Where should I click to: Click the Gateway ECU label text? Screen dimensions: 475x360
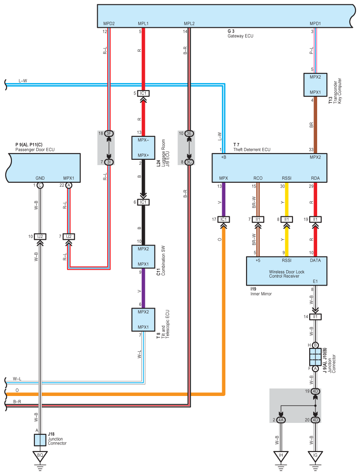coord(238,36)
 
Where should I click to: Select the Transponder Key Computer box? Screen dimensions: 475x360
coord(315,85)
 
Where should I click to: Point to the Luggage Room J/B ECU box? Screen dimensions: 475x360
coord(143,147)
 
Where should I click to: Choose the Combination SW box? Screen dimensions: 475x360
coord(143,256)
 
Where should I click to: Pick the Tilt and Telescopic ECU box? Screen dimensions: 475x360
coord(143,320)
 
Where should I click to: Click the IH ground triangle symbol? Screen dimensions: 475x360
coord(280,456)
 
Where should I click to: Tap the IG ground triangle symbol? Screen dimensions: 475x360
coord(315,456)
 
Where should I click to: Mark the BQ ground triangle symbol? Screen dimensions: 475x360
coord(40,456)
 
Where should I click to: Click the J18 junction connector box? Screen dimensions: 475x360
coord(40,440)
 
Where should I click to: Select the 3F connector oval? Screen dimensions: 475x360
coord(109,133)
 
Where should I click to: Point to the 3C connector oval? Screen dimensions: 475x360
coord(189,162)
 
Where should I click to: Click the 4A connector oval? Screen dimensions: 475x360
coord(280,420)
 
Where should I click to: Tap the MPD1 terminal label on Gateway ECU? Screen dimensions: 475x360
coord(315,23)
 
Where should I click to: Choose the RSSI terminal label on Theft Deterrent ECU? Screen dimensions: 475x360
coord(287,178)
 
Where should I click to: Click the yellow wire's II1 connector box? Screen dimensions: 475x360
coord(287,219)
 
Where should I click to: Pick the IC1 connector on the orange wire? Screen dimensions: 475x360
coord(224,219)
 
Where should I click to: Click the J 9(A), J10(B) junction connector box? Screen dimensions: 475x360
coord(315,357)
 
